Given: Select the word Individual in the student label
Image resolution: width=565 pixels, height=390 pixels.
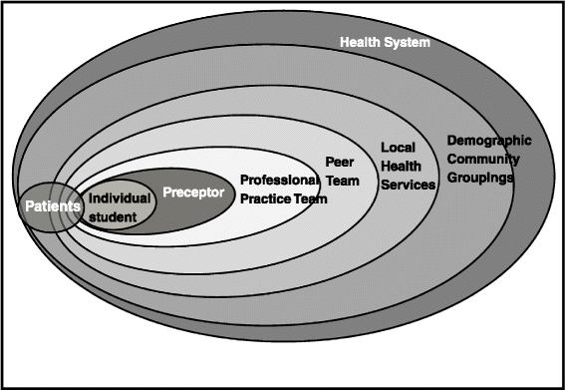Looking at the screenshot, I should pyautogui.click(x=119, y=197).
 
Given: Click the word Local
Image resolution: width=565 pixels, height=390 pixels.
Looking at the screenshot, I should pyautogui.click(x=398, y=148).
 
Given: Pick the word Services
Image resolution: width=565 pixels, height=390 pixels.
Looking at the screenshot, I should pyautogui.click(x=409, y=185).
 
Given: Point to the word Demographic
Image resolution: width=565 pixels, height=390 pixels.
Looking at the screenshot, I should pyautogui.click(x=489, y=140).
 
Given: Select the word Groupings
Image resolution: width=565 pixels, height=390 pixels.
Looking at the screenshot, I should pyautogui.click(x=480, y=177).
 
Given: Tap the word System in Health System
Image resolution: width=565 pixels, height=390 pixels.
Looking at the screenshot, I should pyautogui.click(x=409, y=42).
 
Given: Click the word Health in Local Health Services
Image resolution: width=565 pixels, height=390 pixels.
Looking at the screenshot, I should pyautogui.click(x=403, y=167).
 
